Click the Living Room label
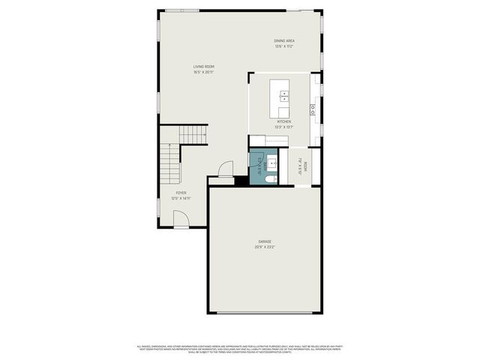(x=204, y=67)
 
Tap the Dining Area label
(x=283, y=40)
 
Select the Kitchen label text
(x=283, y=121)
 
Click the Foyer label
(x=181, y=193)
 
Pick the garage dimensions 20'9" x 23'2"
(x=265, y=247)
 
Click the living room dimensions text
(x=204, y=72)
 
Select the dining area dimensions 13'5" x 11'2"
(x=283, y=46)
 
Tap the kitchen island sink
(x=284, y=96)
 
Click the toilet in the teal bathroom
(x=271, y=178)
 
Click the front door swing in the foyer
(x=181, y=218)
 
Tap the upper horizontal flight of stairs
(x=193, y=135)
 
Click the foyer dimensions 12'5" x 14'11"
(x=181, y=198)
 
